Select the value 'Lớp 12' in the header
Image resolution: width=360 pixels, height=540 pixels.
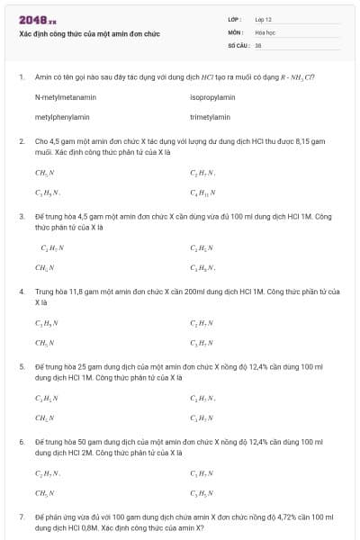click(x=263, y=19)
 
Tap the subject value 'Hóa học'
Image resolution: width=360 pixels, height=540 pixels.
click(x=265, y=31)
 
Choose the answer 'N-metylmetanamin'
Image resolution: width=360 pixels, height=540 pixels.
click(x=66, y=97)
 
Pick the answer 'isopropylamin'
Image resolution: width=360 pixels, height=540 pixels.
click(x=212, y=97)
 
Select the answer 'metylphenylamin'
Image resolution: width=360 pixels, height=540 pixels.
click(x=62, y=117)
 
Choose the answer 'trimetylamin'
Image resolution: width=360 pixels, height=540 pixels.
click(x=210, y=117)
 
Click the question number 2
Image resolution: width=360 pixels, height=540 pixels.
click(x=21, y=142)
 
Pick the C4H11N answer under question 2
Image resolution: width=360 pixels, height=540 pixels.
click(x=202, y=193)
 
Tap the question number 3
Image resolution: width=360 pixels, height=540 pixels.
click(x=21, y=217)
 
